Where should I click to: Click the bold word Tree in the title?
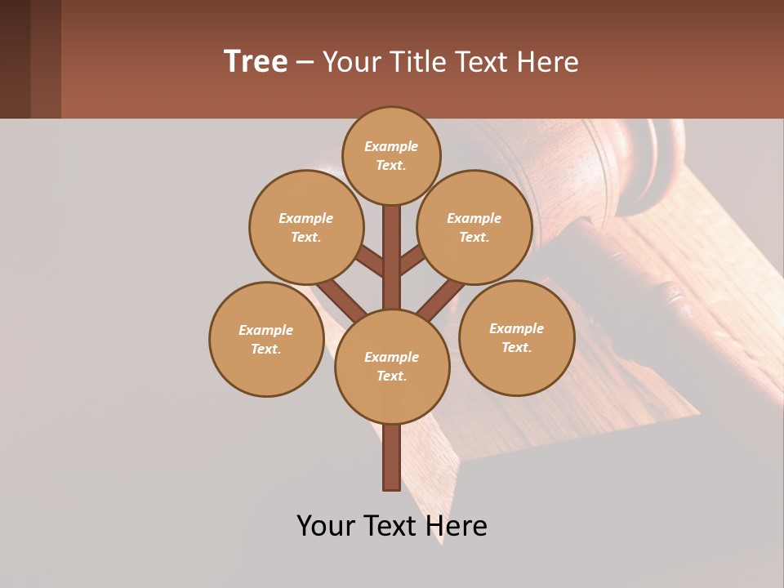point(256,61)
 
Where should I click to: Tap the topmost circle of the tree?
point(391,156)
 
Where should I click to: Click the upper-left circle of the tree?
point(305,227)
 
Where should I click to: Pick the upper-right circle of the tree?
point(474,227)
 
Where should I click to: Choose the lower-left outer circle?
point(266,339)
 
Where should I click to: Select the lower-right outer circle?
point(516,337)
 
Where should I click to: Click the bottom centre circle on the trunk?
point(392,366)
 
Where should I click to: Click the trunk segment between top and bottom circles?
point(391,257)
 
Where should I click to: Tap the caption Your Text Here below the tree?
point(392,525)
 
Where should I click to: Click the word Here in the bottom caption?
point(455,525)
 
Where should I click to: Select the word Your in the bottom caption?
point(326,525)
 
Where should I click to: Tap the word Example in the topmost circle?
point(391,147)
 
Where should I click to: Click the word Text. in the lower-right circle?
point(516,347)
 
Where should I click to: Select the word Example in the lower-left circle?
point(266,330)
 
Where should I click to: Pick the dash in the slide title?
point(305,62)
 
